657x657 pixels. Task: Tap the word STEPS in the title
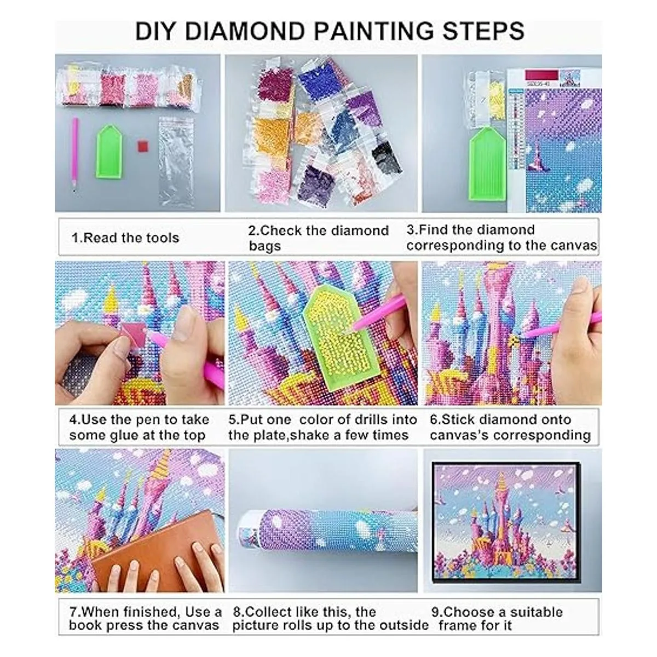pos(483,32)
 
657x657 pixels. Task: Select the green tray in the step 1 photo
pos(109,151)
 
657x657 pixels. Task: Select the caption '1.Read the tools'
pos(125,238)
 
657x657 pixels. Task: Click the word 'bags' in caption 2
pos(264,246)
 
